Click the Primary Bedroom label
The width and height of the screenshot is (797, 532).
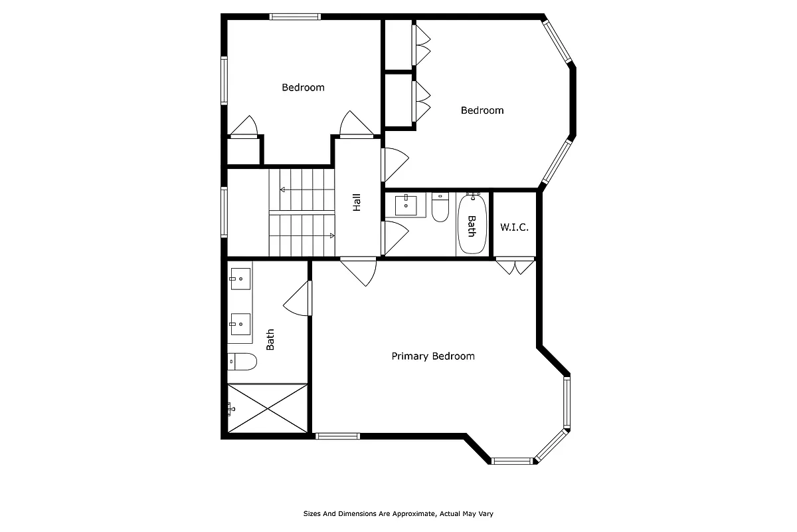click(x=433, y=356)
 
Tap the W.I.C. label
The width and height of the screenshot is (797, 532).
click(x=514, y=227)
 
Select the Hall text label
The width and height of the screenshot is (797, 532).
click(x=357, y=202)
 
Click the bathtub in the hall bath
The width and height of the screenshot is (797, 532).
click(x=472, y=224)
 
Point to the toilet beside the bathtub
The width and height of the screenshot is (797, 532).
click(x=440, y=208)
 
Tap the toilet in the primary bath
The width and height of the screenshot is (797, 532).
click(x=242, y=362)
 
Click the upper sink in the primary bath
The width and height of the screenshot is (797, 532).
click(x=240, y=279)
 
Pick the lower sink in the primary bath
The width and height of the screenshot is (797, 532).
click(x=240, y=324)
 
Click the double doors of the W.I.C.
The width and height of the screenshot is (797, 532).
click(x=515, y=265)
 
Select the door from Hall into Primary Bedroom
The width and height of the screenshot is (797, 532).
click(x=359, y=270)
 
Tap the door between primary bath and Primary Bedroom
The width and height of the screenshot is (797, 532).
click(x=300, y=299)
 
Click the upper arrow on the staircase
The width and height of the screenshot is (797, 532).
click(x=306, y=190)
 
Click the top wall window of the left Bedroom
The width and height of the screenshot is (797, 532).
click(x=295, y=17)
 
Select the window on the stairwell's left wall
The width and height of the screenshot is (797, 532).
click(x=224, y=212)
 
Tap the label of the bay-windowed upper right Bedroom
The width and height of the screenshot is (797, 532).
click(x=482, y=110)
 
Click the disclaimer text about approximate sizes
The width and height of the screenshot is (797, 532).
click(x=398, y=513)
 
